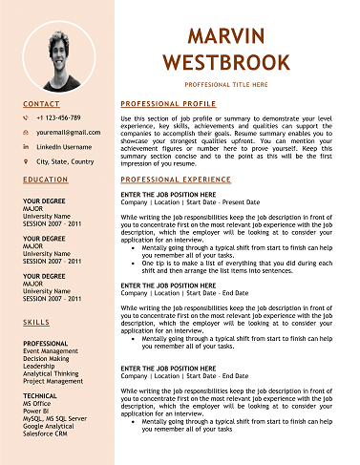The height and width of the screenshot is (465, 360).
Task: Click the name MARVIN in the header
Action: pos(226,37)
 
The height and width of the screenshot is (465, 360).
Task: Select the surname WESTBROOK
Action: pos(226,63)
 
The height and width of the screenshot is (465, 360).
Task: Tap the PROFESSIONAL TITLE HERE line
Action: pos(226,85)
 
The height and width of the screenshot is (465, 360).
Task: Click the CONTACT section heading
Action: pos(41,103)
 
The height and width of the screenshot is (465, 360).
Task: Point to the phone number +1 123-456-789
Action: pos(58,117)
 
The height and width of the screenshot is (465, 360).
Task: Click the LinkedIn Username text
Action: pos(64,147)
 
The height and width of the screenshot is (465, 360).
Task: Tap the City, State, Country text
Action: pos(65,162)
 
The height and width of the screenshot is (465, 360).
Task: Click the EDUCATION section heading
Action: pos(46,180)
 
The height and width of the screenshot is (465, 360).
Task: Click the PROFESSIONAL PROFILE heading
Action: pos(168,103)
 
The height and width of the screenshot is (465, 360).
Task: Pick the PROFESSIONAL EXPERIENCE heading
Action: pos(175,180)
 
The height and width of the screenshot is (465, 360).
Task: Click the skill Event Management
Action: pos(51,351)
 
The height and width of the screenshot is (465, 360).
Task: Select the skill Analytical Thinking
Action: pos(53,373)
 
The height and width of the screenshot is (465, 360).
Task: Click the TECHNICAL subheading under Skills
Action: pos(40,395)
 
